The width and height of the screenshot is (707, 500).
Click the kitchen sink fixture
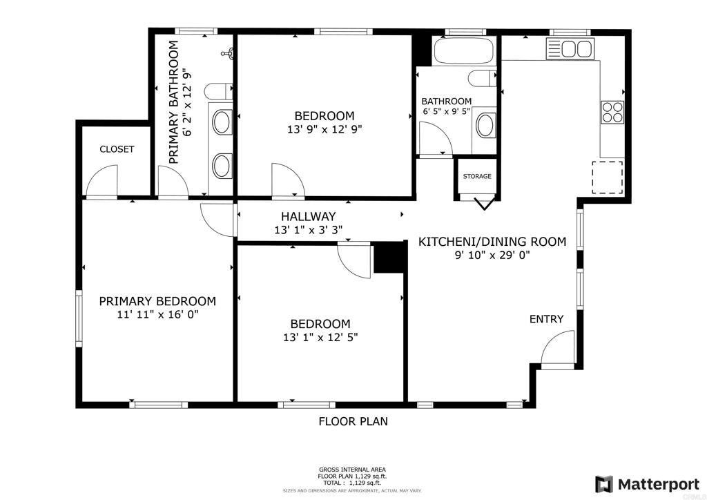point(570,49)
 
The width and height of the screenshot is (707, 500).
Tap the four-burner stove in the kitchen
point(612,113)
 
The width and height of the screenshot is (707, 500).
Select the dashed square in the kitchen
point(608,177)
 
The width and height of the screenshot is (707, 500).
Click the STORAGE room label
point(477,176)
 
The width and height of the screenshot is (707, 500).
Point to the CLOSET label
point(117,149)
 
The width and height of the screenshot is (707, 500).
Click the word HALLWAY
point(309,216)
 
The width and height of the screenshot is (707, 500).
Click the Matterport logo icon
point(604,485)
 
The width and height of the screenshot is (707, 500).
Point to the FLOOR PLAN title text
point(353,421)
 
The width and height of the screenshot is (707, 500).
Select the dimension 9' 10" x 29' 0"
point(492,256)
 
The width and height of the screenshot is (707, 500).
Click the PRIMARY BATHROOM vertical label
point(174,102)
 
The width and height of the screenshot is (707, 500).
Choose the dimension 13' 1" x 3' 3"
point(309,230)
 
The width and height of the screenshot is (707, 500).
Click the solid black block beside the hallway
point(390,258)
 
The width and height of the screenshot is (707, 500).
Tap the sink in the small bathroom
point(485,125)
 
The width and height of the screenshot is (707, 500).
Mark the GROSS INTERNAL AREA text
point(353,470)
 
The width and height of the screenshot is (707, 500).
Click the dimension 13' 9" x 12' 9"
point(325,130)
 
